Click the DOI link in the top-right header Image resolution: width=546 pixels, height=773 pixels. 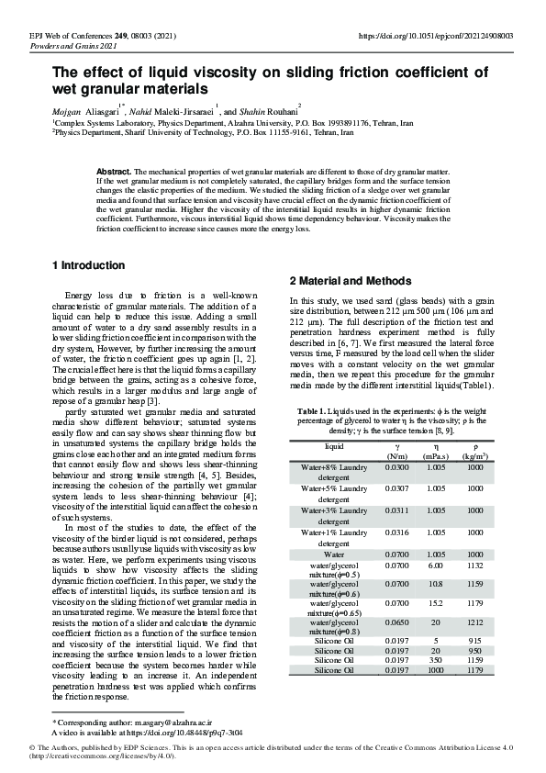(x=435, y=36)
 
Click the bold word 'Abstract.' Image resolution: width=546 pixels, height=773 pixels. (x=114, y=172)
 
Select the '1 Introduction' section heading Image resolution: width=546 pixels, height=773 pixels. (x=88, y=265)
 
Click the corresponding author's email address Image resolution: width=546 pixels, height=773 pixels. (x=172, y=723)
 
